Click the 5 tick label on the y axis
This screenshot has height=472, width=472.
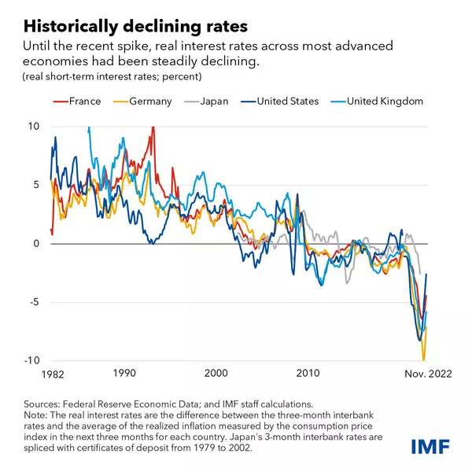33,185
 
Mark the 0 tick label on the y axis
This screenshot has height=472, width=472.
33,244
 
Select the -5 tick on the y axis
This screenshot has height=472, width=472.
31,302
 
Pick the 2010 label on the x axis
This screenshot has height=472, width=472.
308,373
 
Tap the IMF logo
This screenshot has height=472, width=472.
431,447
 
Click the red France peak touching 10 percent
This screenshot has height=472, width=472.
153,128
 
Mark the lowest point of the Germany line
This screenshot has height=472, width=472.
423,358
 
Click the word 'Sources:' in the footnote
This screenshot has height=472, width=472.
46,403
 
